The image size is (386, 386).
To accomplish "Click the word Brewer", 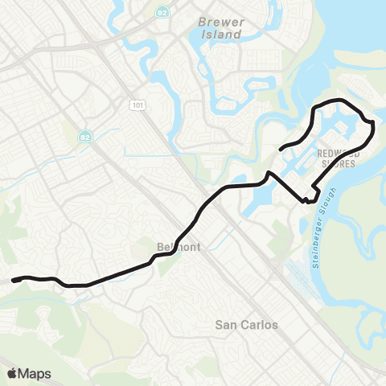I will click(x=220, y=23).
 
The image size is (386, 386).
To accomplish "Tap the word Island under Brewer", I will click(x=221, y=35).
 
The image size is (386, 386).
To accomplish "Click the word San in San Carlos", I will click(x=228, y=325).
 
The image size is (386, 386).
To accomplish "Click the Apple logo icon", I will click(x=12, y=372).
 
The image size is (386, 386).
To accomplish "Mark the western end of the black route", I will click(x=13, y=281).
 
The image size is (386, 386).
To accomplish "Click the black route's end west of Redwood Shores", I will click(x=280, y=149).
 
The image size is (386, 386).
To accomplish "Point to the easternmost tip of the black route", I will click(x=374, y=129).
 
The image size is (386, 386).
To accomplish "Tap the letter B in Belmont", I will click(x=159, y=247).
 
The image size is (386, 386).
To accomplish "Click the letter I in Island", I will click(x=203, y=35).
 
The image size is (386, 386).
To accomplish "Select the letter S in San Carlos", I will click(x=219, y=325).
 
